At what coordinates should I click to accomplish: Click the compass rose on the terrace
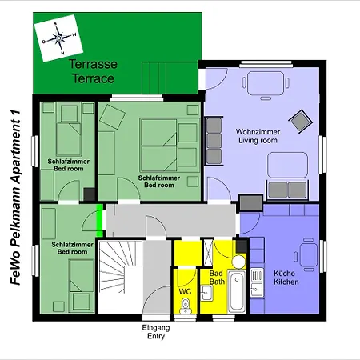tap(58, 38)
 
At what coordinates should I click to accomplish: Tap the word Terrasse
tap(93, 64)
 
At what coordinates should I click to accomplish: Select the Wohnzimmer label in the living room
tap(258, 132)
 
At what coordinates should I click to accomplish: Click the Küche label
tap(284, 274)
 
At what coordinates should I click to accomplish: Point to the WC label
tap(185, 291)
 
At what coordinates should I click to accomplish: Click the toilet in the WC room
tap(185, 306)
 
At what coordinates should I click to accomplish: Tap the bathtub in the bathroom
tap(237, 291)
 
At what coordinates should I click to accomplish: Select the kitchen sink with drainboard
tap(257, 282)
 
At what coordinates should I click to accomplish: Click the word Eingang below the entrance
tap(156, 327)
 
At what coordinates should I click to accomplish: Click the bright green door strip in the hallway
tap(99, 221)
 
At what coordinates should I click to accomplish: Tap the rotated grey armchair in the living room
tap(301, 122)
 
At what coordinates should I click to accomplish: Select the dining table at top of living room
tap(266, 83)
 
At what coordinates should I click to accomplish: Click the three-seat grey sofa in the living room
tap(214, 141)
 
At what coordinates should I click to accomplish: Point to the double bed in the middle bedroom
tap(158, 145)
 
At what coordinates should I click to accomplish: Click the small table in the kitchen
tap(309, 254)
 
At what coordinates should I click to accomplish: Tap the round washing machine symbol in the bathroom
tap(238, 262)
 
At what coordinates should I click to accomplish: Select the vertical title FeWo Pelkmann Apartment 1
tap(15, 198)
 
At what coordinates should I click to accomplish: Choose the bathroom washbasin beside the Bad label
tap(206, 293)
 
